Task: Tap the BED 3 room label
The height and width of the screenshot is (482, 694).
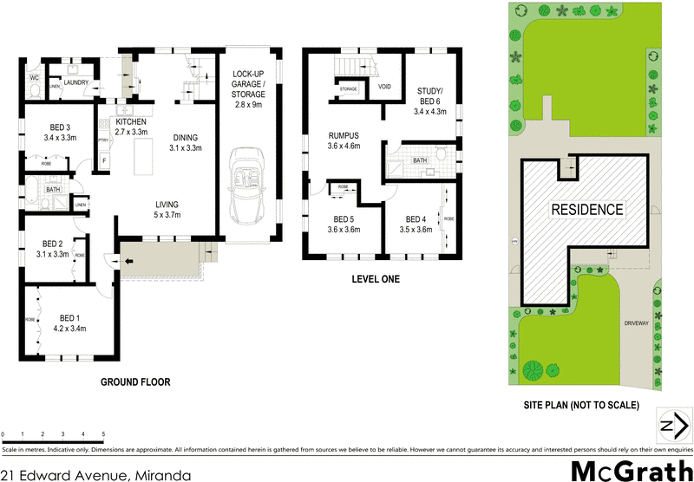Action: pos(60,127)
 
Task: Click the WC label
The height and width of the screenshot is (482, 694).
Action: pos(34,78)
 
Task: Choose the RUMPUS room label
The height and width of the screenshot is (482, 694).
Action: pos(344,135)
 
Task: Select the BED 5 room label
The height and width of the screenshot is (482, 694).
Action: pos(344,218)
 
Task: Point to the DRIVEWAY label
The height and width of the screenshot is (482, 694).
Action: pos(636,322)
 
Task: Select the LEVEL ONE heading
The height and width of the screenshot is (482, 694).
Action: pos(376,279)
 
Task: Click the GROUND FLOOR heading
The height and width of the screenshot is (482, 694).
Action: pos(135,381)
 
